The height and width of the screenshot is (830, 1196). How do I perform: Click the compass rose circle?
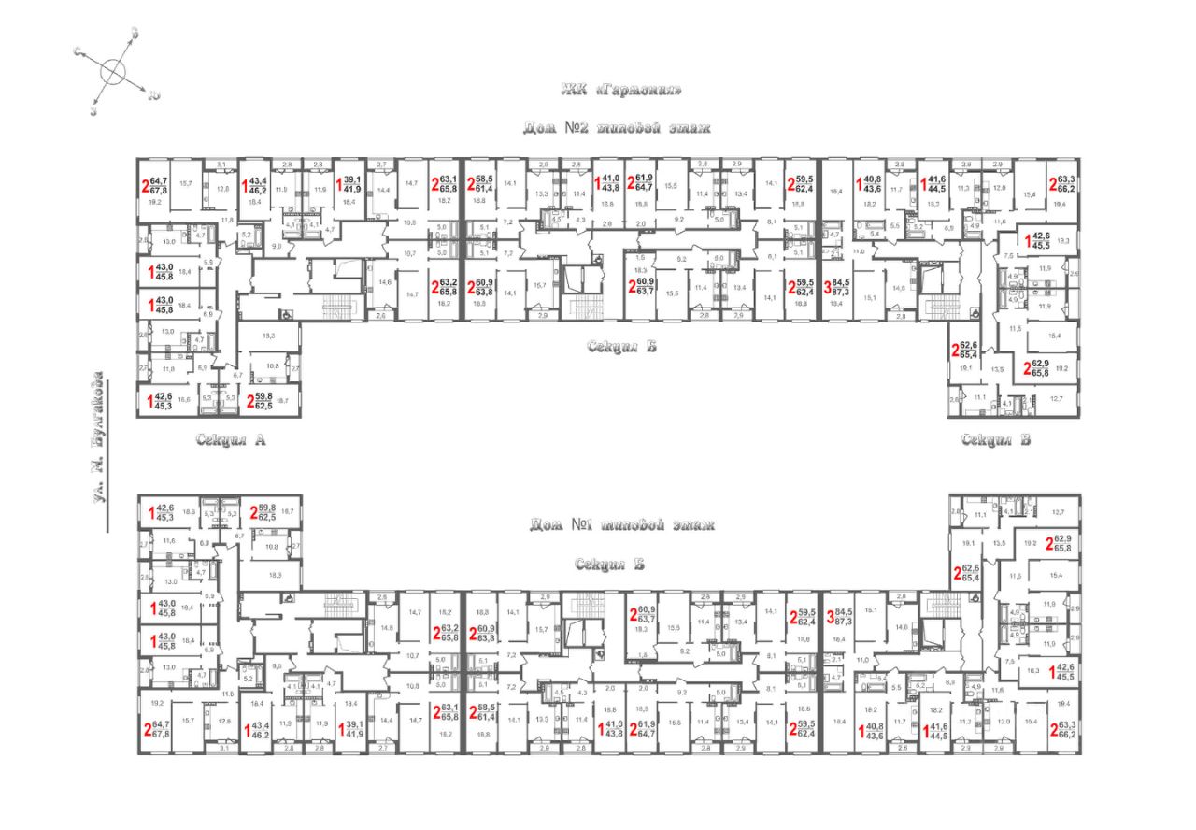pyautogui.click(x=114, y=72)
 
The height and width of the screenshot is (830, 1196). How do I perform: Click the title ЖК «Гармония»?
pyautogui.click(x=616, y=91)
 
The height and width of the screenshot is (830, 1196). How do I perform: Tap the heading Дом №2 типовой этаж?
pyautogui.click(x=617, y=127)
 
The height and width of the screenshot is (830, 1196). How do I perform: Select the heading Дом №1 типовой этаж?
pyautogui.click(x=621, y=525)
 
